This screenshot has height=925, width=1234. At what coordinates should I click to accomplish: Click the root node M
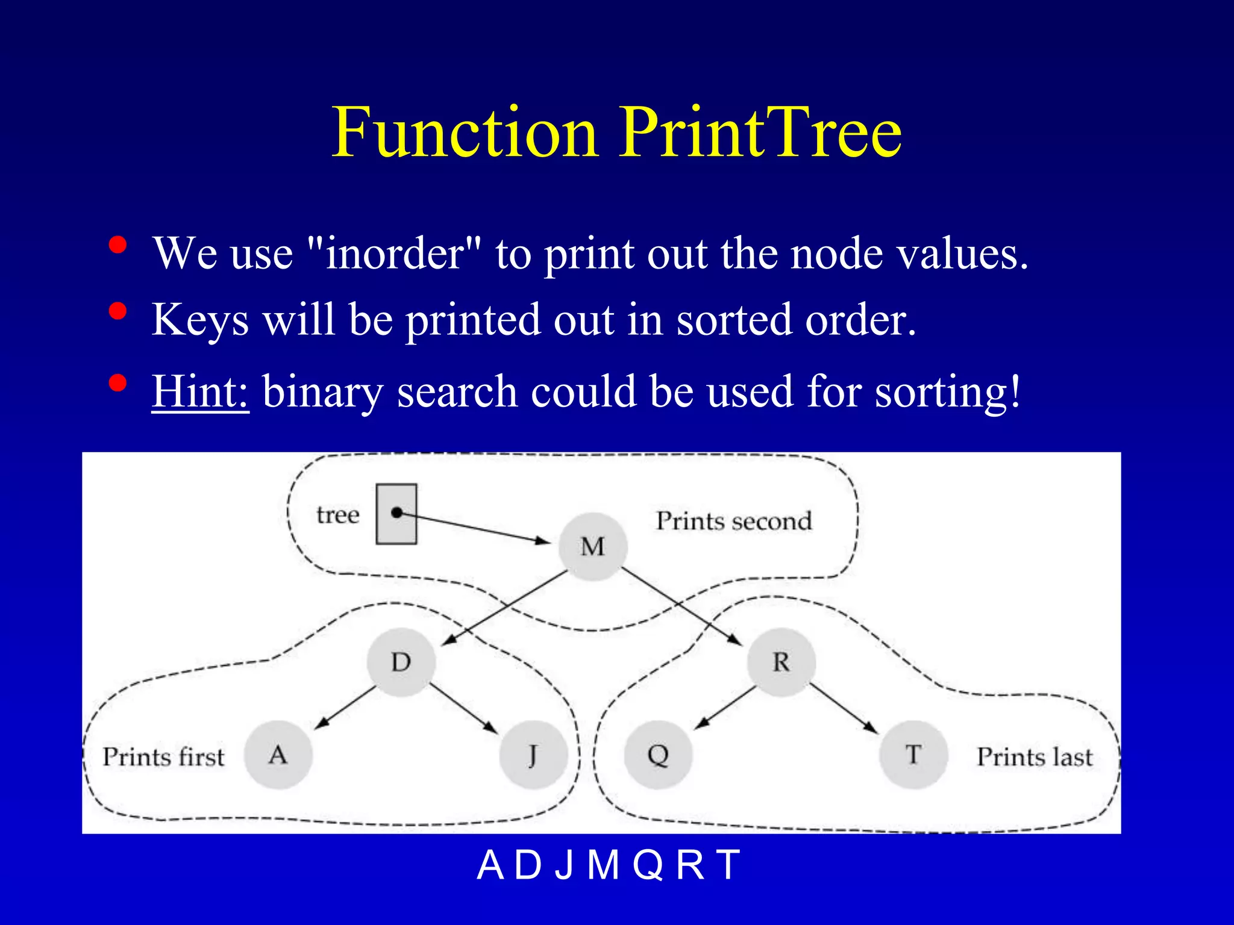(593, 547)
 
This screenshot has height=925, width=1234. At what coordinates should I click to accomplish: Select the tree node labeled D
(401, 662)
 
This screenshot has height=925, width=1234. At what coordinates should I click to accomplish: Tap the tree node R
(781, 662)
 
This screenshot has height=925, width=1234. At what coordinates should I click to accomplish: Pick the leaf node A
(278, 755)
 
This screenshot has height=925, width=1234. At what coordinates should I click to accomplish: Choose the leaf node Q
(658, 755)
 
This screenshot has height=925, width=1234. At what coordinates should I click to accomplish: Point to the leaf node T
(913, 755)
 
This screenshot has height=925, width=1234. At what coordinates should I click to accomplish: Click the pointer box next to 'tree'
(396, 514)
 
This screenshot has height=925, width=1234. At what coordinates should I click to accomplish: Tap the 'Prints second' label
(734, 521)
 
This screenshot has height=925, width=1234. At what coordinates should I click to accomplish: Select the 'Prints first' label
(163, 757)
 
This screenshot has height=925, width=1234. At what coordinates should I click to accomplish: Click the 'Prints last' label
(1035, 757)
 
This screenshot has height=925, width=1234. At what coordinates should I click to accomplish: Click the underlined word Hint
(200, 391)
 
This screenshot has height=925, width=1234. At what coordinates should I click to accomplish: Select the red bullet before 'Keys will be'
(117, 311)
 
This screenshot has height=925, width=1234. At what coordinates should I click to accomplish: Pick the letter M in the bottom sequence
(604, 865)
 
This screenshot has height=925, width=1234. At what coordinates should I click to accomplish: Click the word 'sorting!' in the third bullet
(948, 391)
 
